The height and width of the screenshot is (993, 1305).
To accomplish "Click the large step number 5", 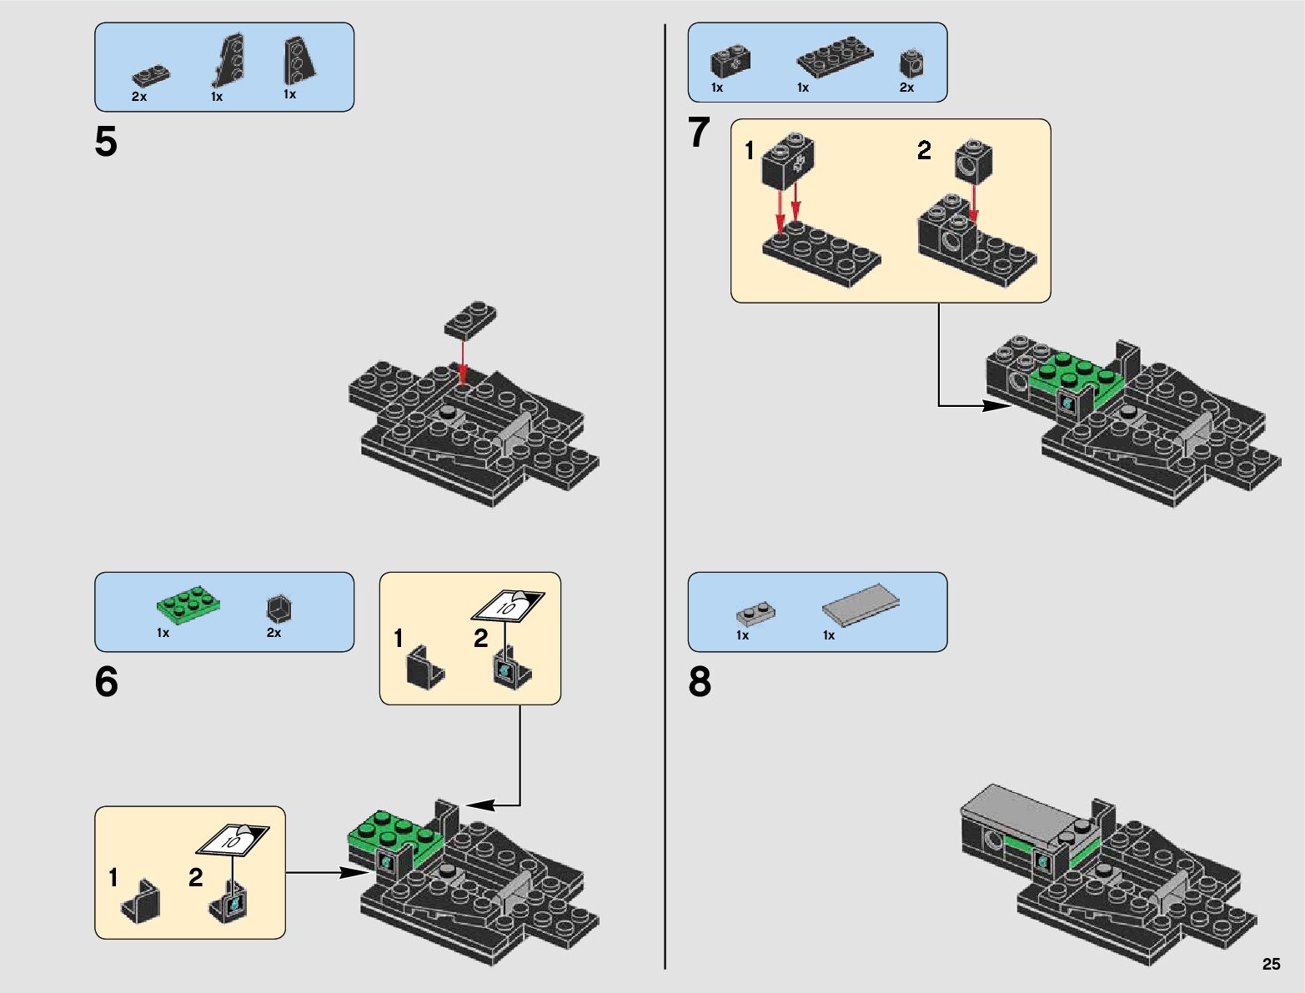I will (106, 142).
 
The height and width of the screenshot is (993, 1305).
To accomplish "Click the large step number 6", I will (106, 682).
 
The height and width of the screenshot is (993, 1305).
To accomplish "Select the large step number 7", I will (699, 133).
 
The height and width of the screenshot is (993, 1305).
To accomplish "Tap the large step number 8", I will (700, 682).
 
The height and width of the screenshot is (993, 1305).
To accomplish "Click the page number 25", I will (1271, 964).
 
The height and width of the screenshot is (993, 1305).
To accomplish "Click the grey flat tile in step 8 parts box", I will (861, 604).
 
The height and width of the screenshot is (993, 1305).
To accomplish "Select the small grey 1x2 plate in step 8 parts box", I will (755, 614).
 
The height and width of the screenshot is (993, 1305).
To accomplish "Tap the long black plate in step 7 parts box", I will (835, 57).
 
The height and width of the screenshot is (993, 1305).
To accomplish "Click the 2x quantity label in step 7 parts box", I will (906, 88).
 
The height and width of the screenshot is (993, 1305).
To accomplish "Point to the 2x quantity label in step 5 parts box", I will (139, 97).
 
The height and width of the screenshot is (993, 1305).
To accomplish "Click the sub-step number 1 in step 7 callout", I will (750, 151).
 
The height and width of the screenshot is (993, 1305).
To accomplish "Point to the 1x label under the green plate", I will (163, 633).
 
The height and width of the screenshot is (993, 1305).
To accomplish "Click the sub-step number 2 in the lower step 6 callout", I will (196, 878).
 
